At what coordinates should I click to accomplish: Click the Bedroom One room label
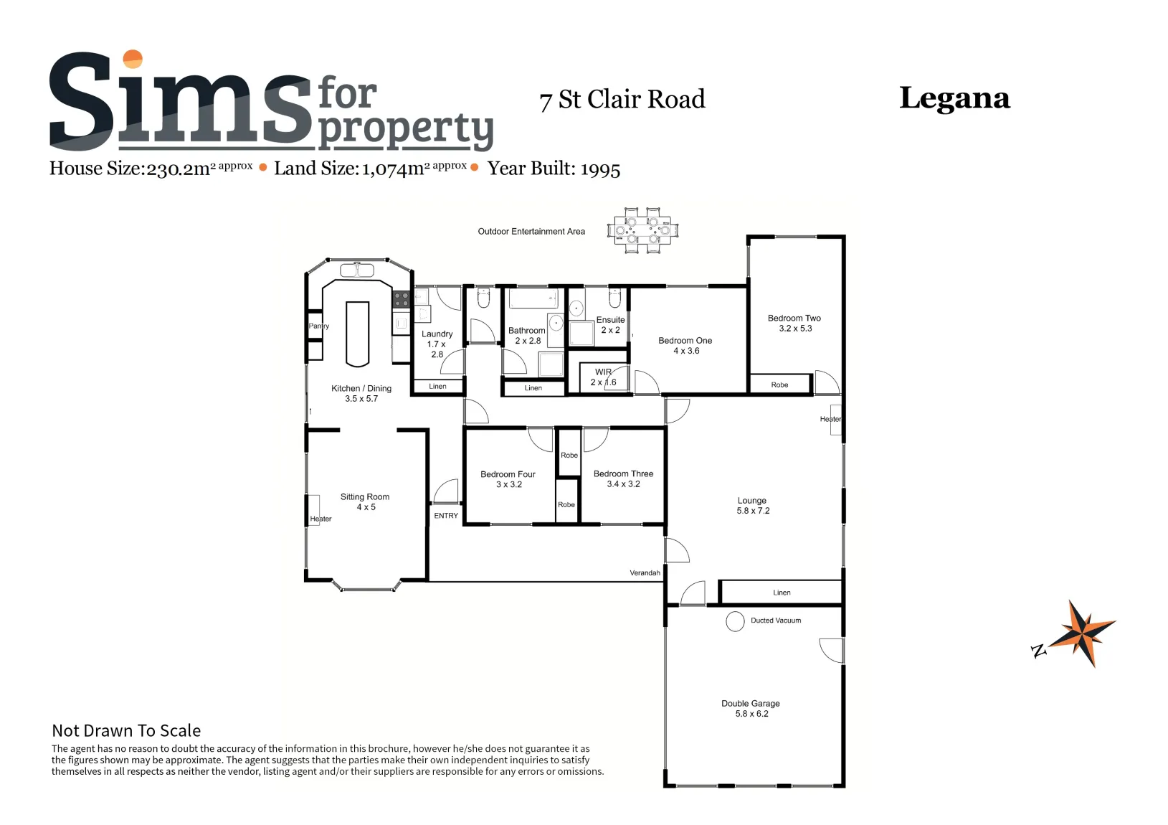click(685, 346)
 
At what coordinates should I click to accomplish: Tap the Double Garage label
click(751, 709)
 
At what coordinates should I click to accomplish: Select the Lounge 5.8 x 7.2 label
click(752, 506)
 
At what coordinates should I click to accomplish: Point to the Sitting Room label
click(365, 502)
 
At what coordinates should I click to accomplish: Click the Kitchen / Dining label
click(361, 393)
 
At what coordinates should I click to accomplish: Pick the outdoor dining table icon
click(643, 230)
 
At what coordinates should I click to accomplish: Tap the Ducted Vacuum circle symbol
click(735, 621)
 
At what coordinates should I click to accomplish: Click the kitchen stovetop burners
click(402, 299)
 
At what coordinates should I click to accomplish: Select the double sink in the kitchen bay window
click(357, 270)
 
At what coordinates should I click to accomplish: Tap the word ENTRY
click(446, 516)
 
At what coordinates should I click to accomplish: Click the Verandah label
click(645, 573)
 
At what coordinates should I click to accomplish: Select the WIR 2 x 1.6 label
click(603, 377)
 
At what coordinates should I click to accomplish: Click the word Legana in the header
click(955, 99)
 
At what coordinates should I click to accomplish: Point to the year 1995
click(600, 169)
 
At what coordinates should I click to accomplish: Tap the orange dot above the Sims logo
click(133, 59)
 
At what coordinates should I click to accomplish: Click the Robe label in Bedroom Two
click(779, 385)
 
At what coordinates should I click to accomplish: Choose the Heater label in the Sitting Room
click(321, 519)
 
